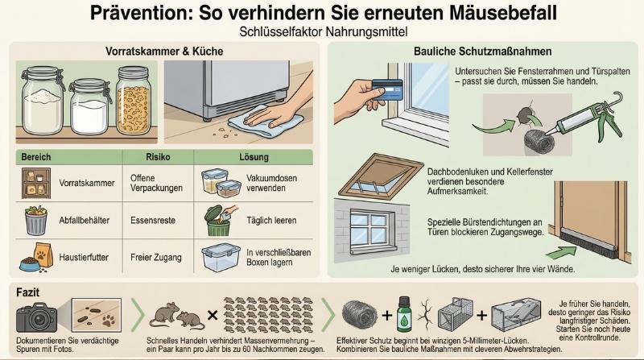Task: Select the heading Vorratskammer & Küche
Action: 164,51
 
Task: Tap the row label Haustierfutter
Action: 85,258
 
